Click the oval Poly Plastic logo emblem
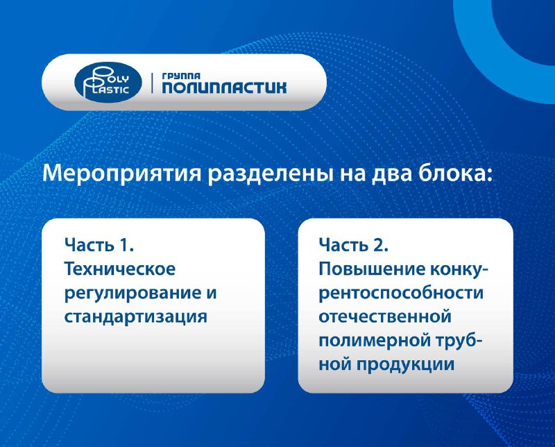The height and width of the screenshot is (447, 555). point(108,82)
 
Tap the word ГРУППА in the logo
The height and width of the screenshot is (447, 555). point(181,76)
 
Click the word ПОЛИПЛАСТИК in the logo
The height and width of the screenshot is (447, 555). point(224,87)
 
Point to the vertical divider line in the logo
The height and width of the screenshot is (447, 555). point(152,83)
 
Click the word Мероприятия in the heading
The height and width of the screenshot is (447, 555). point(122,174)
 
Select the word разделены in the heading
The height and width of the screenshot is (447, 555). point(270,174)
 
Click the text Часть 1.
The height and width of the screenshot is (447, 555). point(99,245)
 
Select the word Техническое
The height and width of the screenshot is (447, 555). point(119,269)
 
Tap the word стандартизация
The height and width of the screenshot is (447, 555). point(135,317)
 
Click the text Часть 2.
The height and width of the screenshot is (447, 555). point(354,245)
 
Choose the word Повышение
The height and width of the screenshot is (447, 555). point(372,269)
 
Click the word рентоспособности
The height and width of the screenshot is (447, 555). point(401,294)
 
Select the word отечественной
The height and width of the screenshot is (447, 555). point(385,317)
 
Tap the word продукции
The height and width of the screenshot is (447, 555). point(405,365)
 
